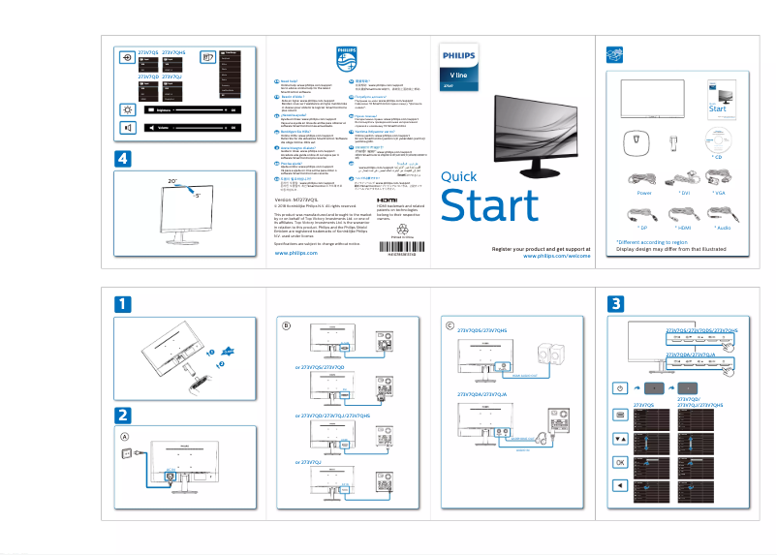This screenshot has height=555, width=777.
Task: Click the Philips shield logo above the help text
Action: [346, 59]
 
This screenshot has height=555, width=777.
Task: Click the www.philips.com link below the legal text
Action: [296, 252]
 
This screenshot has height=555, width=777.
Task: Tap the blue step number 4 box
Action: [122, 158]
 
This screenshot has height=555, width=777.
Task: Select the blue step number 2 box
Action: [122, 414]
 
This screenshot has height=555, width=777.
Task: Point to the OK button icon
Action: [621, 462]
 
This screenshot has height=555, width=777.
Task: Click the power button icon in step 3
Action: [621, 388]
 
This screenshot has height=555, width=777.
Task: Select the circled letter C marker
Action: [450, 325]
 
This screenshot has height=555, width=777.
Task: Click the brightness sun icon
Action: [128, 109]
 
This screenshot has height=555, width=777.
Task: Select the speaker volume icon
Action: [128, 128]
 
